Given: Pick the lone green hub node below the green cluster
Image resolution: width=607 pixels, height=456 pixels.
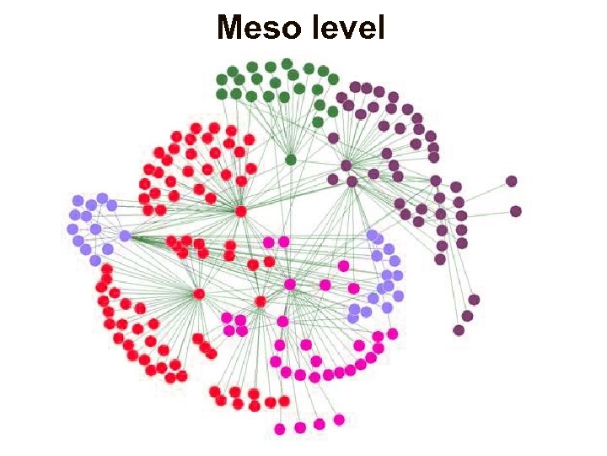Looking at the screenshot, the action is click(291, 160).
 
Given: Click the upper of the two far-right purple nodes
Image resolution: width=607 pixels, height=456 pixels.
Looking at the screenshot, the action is click(511, 181).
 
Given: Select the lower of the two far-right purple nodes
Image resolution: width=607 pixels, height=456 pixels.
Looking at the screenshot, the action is click(515, 211).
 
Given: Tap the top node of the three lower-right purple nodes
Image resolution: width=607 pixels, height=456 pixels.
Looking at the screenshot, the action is click(474, 300).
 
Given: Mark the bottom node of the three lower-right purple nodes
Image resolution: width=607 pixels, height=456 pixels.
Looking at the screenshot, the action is click(459, 329).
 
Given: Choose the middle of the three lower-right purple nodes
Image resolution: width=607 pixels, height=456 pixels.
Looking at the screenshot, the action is click(467, 316).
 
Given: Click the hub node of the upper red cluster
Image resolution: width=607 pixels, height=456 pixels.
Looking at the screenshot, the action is click(241, 211).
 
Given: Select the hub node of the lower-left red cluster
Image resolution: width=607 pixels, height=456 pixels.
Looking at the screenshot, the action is click(199, 294).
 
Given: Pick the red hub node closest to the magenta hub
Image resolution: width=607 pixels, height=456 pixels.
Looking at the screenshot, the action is click(261, 301).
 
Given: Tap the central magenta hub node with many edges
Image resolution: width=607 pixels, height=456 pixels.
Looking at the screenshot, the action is click(290, 285).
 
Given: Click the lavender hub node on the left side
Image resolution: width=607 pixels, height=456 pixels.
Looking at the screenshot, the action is click(125, 236).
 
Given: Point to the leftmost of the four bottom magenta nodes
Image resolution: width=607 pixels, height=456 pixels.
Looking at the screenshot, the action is click(280, 429).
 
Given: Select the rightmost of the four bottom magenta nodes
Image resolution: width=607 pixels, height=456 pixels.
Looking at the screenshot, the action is click(339, 420).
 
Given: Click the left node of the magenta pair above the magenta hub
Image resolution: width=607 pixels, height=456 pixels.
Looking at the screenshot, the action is click(269, 242).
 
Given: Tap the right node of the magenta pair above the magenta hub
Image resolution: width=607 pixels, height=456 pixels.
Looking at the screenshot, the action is click(284, 242).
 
